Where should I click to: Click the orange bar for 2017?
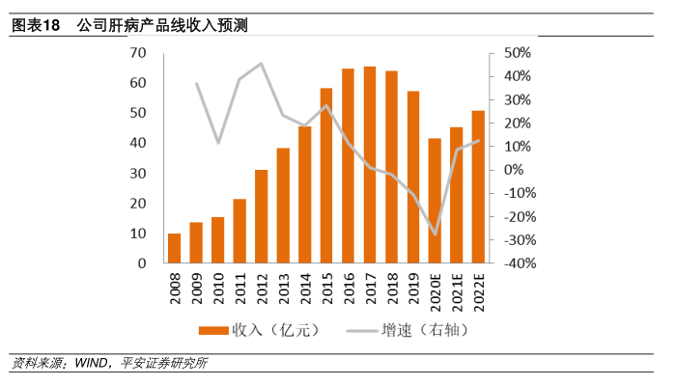point(370,165)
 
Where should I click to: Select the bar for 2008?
point(174,248)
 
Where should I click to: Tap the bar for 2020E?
point(435,201)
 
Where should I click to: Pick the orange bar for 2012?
point(261,216)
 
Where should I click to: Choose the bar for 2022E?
point(478,187)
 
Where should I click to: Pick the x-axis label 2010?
point(218,289)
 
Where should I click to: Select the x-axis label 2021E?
point(457,291)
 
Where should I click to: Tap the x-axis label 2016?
point(349,289)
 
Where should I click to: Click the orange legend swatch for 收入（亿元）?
point(214,330)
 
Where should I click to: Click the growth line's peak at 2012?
point(261,64)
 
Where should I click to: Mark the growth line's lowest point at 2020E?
point(435,234)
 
